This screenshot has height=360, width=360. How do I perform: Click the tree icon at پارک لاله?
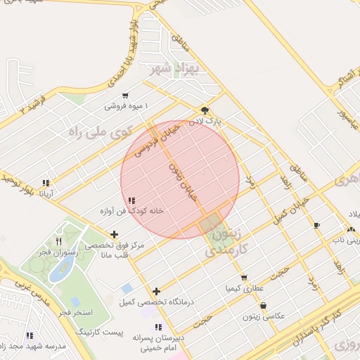205,110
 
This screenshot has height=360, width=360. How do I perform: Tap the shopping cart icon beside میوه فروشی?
124,96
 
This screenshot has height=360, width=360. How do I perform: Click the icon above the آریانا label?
46,183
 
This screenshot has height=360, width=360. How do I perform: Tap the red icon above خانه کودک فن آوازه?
132,200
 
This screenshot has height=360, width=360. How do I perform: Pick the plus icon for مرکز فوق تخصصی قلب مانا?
115,233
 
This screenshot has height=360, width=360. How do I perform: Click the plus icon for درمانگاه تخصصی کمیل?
156,291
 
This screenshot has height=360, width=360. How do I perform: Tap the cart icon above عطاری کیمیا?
244,278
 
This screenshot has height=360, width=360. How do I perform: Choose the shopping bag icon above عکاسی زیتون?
263,306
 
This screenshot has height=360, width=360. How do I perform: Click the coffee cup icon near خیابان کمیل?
316,225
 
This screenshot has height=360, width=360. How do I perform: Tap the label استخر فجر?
70,311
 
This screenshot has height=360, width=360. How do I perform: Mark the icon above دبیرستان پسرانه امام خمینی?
158,327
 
